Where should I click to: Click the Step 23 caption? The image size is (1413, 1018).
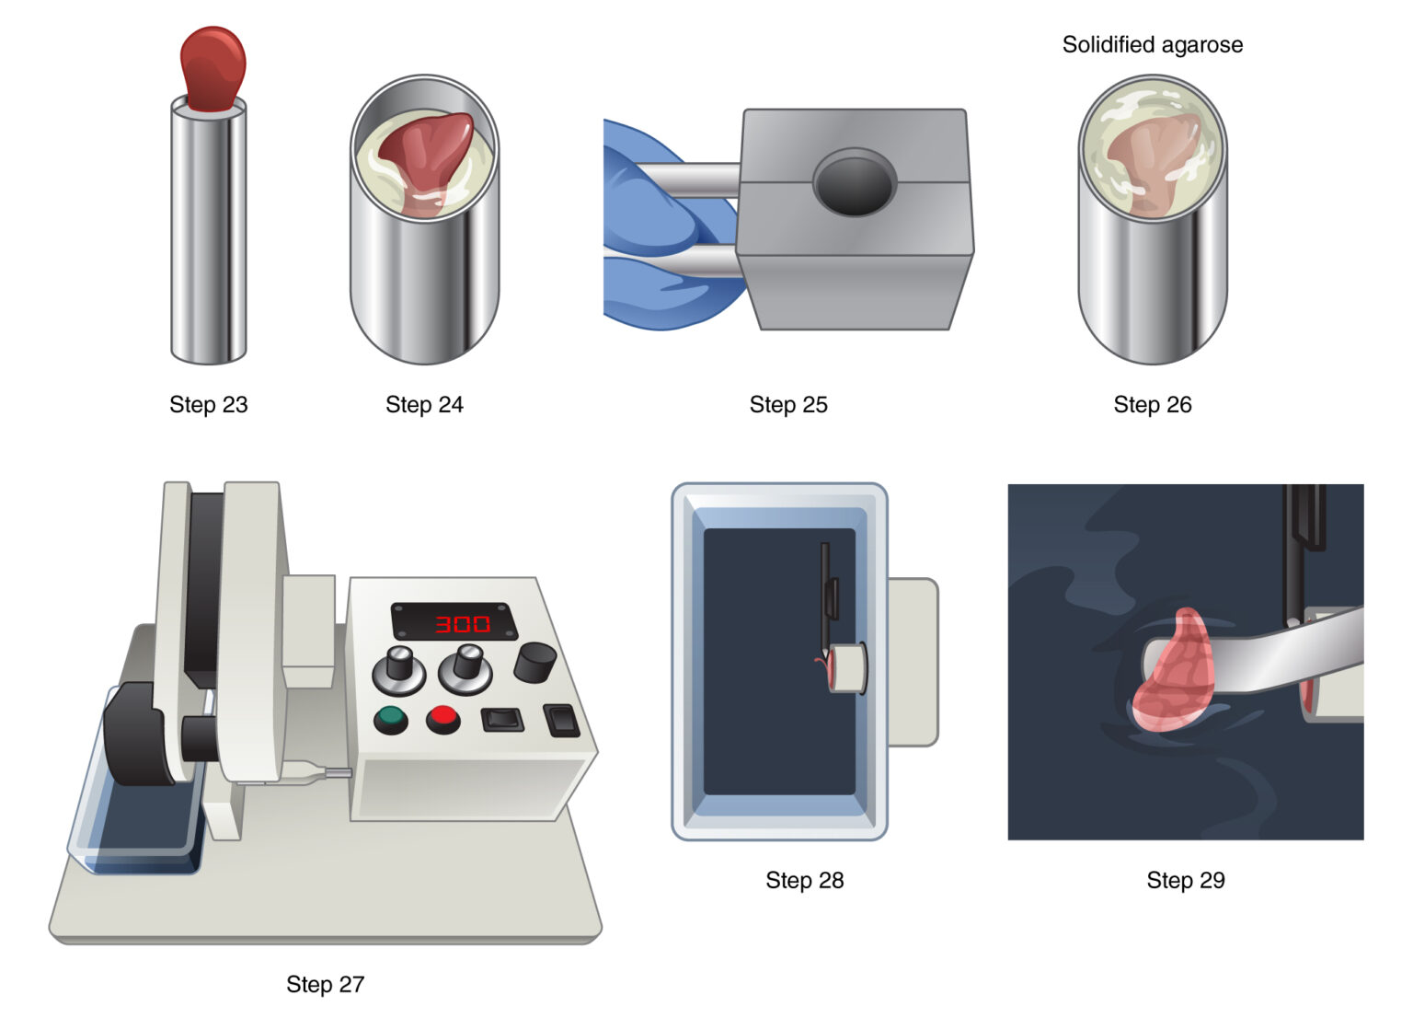(x=208, y=404)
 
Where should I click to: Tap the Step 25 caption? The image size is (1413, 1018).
(x=788, y=404)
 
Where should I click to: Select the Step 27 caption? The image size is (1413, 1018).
(x=325, y=984)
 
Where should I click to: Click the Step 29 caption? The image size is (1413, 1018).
(x=1185, y=880)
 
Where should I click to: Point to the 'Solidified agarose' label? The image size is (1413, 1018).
(x=1152, y=44)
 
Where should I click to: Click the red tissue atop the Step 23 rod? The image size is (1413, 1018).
(x=213, y=66)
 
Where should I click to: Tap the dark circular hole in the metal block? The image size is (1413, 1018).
(x=854, y=183)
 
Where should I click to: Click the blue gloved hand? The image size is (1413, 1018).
(x=658, y=230)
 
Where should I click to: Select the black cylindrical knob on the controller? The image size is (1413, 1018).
(x=534, y=662)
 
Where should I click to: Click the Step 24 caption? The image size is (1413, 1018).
(x=424, y=404)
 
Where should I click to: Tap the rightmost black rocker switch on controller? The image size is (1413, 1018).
(x=562, y=720)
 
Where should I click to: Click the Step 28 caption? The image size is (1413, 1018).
(x=804, y=880)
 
